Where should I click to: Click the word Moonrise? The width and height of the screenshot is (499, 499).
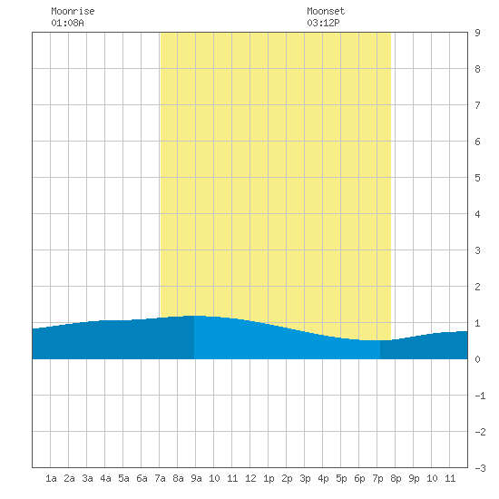tap(73, 11)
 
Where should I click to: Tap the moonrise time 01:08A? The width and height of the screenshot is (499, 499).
tap(67, 23)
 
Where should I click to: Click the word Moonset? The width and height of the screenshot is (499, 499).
tap(326, 11)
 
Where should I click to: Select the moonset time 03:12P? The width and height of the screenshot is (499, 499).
tap(323, 23)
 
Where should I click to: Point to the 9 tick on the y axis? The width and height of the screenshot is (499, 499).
tap(477, 33)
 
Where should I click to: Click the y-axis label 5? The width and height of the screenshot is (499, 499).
tap(477, 178)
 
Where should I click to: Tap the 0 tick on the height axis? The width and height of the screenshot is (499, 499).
tap(477, 359)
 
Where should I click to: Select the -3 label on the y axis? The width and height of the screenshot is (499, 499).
tap(480, 468)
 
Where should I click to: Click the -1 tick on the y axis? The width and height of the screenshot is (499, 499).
tap(480, 396)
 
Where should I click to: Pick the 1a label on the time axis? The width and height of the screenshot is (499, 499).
tap(51, 478)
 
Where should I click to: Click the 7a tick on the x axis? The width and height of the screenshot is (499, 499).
tap(160, 478)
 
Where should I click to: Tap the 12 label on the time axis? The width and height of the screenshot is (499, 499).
tap(250, 478)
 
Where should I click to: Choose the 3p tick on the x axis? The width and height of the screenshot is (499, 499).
tap(305, 478)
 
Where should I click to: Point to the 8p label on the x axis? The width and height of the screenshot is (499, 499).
tap(396, 478)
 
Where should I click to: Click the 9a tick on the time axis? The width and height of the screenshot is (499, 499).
tap(196, 478)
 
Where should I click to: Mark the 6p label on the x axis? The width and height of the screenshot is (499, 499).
tap(359, 478)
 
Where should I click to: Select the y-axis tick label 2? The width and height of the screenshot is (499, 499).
tap(477, 287)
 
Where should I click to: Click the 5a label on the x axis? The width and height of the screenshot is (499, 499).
tap(123, 478)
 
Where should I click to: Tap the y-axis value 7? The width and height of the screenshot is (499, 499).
tap(477, 105)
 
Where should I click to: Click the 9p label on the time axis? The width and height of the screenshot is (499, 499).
tap(414, 478)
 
